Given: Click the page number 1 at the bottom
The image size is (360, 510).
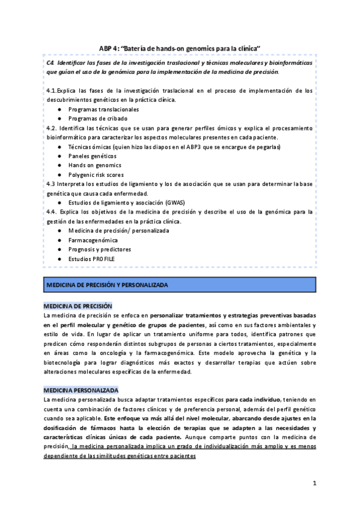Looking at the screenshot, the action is [x=314, y=483].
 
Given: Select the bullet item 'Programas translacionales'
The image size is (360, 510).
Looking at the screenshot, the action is [x=103, y=109].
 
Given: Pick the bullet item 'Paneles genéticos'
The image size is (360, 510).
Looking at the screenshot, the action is [x=93, y=156].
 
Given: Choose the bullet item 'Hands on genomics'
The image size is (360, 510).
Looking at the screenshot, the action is [x=94, y=165].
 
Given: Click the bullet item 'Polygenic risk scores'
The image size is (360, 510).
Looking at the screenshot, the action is [x=97, y=174].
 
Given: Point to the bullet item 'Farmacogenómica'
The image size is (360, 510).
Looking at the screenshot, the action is [x=93, y=240].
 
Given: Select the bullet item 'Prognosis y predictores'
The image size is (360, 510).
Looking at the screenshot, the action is [x=99, y=249].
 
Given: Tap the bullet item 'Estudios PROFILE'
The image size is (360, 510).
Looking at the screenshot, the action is [x=91, y=259].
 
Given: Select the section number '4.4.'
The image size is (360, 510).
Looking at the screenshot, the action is [x=52, y=212].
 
